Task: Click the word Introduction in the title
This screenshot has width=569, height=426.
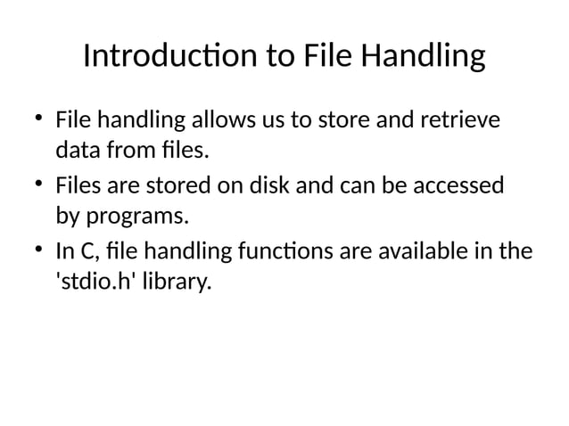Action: click(170, 58)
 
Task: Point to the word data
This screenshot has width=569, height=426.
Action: click(77, 151)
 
